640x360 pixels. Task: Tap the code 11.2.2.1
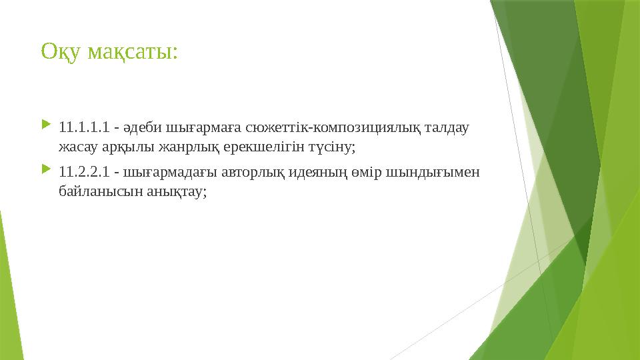[83, 173]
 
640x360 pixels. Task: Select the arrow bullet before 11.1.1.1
[45, 125]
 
